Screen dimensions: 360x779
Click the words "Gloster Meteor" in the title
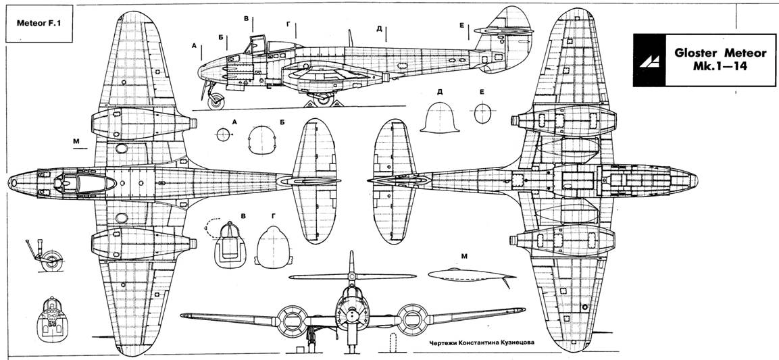(716, 53)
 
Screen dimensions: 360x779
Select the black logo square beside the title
(650, 60)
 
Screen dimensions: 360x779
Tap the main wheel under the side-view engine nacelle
(324, 99)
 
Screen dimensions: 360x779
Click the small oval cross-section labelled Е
(482, 113)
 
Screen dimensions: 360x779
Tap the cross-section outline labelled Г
(272, 246)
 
